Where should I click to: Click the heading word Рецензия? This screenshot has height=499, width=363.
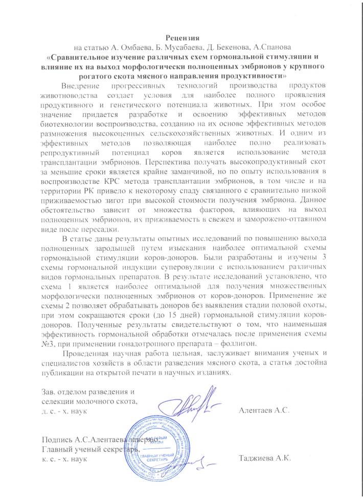tap(181, 36)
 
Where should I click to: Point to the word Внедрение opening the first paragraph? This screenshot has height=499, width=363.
tap(81, 85)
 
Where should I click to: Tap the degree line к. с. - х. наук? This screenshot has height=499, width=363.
tap(63, 458)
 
